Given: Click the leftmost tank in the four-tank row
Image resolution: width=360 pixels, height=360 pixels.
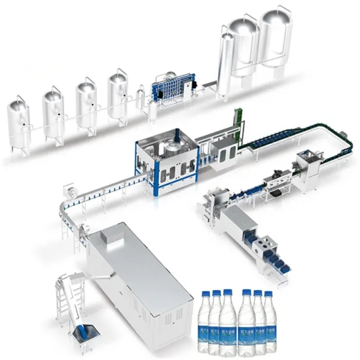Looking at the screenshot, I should pyautogui.click(x=19, y=120).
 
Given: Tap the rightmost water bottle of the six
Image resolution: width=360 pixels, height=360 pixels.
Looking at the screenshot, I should pyautogui.click(x=268, y=324).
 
